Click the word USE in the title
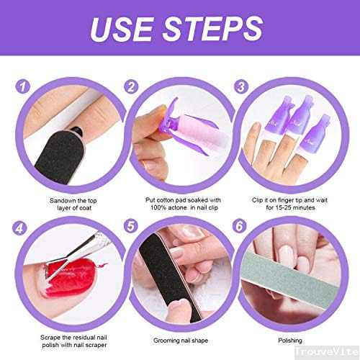click(122, 29)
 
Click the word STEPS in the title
click(212, 29)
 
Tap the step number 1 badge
click(22, 86)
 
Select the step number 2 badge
click(131, 86)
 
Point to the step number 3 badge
click(241, 86)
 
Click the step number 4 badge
click(19, 228)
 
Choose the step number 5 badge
click(131, 226)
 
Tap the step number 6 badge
click(240, 226)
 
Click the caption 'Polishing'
click(290, 341)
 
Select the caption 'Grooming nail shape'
click(181, 341)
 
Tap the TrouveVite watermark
click(327, 352)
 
